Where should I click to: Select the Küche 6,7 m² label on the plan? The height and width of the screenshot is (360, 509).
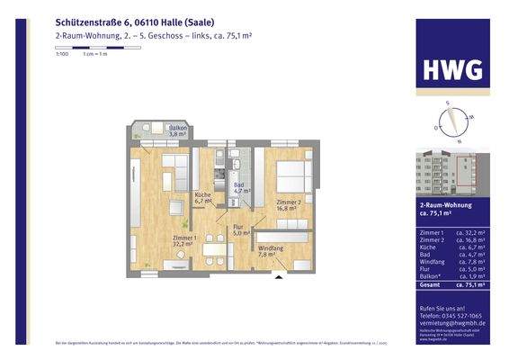coord(202,198)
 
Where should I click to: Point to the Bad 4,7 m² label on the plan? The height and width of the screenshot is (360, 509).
coord(240,188)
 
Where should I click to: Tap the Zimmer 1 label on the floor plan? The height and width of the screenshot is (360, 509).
coord(183,239)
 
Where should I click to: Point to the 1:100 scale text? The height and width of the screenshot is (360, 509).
coord(61,55)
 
